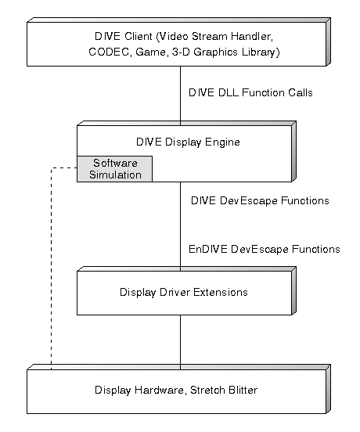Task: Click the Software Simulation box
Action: pos(114,169)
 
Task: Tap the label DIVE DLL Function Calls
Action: pos(250,92)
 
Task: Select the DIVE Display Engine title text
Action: pos(188,142)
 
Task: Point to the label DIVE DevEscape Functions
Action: pos(260,200)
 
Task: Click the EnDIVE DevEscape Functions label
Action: pos(265,249)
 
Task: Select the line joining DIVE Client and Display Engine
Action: pos(181,96)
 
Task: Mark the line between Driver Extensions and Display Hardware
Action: pos(181,343)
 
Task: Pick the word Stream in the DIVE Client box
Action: pos(210,36)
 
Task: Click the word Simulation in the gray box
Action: pos(115,175)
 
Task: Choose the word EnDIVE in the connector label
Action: pos(208,249)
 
